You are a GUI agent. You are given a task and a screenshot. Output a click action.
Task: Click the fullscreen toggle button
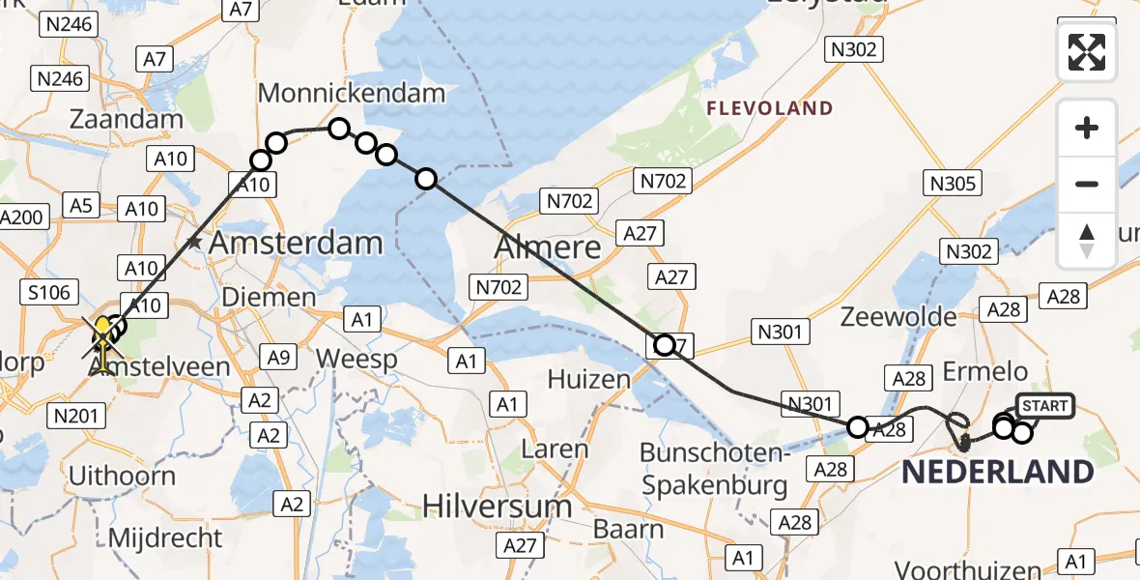coord(1087,51)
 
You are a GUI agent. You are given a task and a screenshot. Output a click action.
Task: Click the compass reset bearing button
coord(1087,241)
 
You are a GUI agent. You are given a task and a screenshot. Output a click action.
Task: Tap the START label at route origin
coord(1044,407)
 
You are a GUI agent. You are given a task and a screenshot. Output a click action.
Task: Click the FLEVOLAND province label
coord(770,108)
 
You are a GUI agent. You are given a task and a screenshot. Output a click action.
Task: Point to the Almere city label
coord(548,248)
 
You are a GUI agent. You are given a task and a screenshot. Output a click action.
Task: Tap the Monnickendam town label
coord(352,94)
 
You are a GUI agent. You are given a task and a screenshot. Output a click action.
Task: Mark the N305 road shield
coord(953,183)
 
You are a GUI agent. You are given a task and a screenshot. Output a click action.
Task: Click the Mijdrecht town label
coord(166,537)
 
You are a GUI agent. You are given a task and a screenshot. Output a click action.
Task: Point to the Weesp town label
coord(356,360)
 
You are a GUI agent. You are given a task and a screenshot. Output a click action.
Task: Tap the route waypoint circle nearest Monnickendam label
coord(339,129)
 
